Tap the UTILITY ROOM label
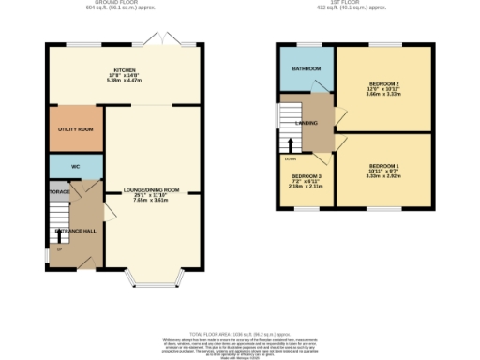tap(75, 128)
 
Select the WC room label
tap(76, 166)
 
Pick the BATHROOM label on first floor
tap(307, 68)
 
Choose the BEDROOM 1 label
tap(383, 166)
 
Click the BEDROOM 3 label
tap(306, 176)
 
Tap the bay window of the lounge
tap(153, 279)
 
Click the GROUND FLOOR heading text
tap(125, 3)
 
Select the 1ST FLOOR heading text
tap(352, 3)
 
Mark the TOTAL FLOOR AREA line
tap(240, 333)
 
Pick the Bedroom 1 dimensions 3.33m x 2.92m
tap(383, 175)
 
